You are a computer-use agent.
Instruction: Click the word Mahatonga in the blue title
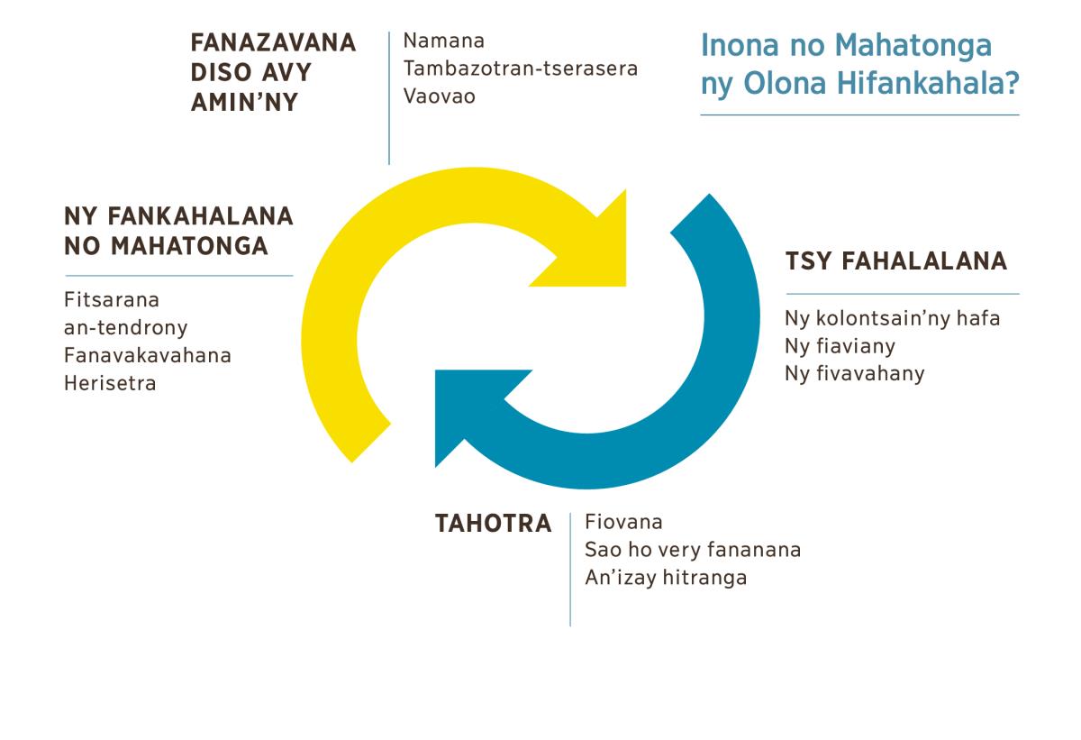(913, 46)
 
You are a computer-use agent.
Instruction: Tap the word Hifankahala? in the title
(929, 83)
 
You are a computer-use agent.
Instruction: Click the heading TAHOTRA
(494, 524)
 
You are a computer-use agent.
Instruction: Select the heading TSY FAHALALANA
(896, 261)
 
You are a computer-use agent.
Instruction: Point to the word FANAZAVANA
(273, 42)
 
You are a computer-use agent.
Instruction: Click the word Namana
(444, 41)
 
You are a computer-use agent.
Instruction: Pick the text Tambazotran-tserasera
(521, 69)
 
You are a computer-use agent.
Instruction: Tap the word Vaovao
(440, 96)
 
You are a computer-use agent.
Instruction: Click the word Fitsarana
(112, 300)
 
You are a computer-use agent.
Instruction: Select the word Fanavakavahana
(148, 356)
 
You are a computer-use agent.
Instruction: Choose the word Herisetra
(111, 384)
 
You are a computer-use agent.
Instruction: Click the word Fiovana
(623, 522)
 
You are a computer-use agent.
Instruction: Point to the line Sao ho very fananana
(693, 551)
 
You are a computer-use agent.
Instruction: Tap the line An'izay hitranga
(666, 579)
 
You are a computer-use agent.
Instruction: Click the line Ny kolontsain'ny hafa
(893, 318)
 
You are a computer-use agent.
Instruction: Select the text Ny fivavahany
(855, 374)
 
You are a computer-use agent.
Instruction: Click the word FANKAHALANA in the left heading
(200, 216)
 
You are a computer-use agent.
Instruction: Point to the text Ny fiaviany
(840, 347)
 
